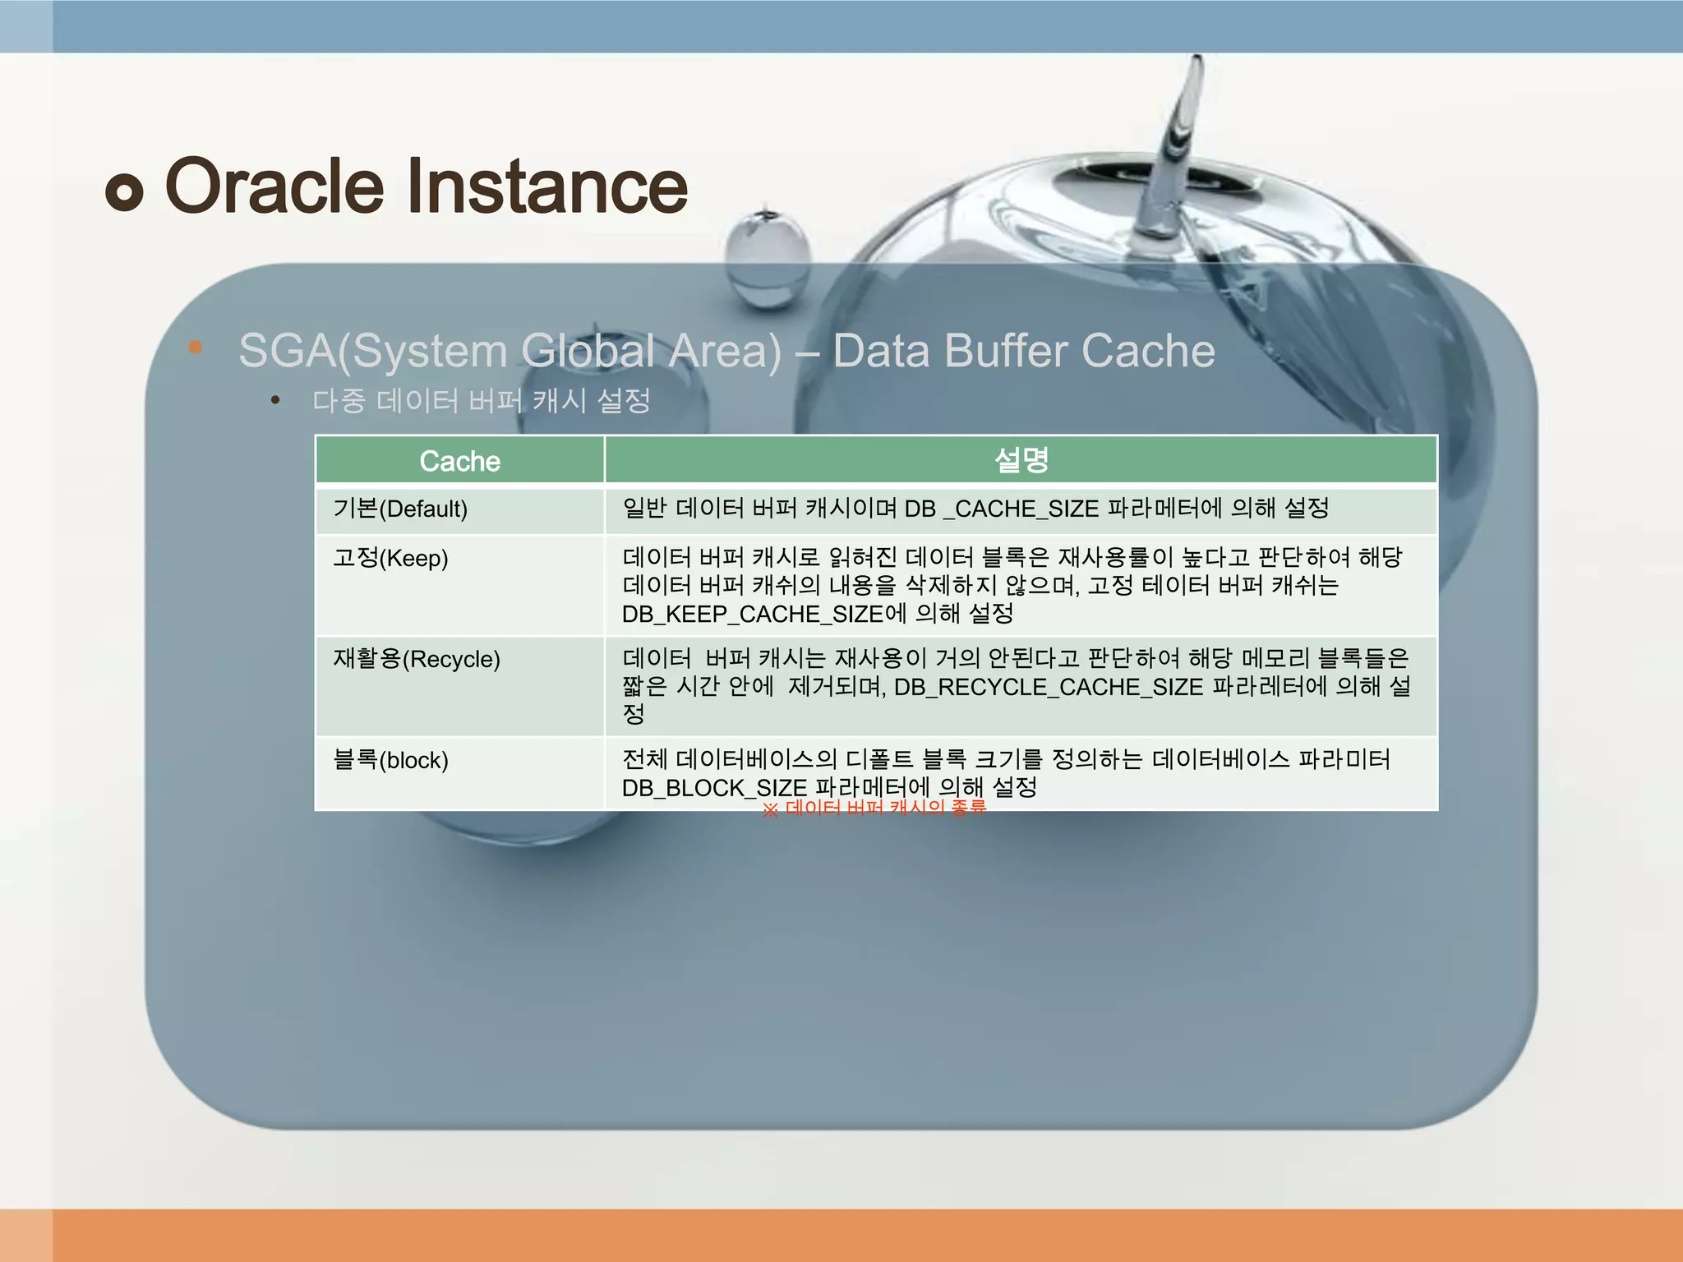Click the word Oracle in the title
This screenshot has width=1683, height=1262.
coord(274,187)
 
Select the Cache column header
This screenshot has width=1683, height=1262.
coord(459,461)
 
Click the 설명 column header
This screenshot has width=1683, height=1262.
coord(1021,460)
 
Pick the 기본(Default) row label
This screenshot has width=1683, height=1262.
coord(400,509)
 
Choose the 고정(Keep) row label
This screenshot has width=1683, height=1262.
coord(390,558)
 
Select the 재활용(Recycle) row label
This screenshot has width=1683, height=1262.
coord(417,659)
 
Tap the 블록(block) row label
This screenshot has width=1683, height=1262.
coord(390,760)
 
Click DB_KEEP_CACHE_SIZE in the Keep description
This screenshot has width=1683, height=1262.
coord(752,614)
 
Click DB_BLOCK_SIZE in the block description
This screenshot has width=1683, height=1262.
coord(714,788)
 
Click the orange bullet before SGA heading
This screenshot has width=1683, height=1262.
coord(195,347)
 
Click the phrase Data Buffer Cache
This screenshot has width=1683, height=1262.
coord(1023,351)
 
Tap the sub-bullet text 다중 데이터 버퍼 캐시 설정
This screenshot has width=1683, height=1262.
coord(482,401)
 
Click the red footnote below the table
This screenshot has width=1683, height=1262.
coord(874,808)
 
